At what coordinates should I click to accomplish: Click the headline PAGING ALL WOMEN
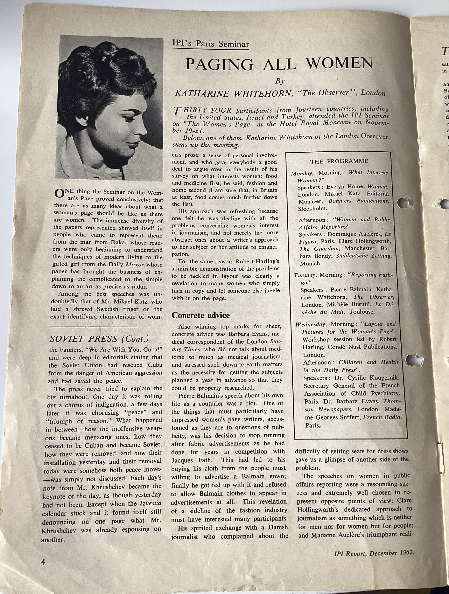pos(279,63)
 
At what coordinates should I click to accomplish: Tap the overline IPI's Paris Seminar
pos(211,44)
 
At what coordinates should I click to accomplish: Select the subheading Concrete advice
pos(201,315)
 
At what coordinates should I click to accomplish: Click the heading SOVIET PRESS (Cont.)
pos(99,339)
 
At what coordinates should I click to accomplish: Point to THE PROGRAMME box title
pos(339,161)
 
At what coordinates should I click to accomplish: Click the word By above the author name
pos(280,81)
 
